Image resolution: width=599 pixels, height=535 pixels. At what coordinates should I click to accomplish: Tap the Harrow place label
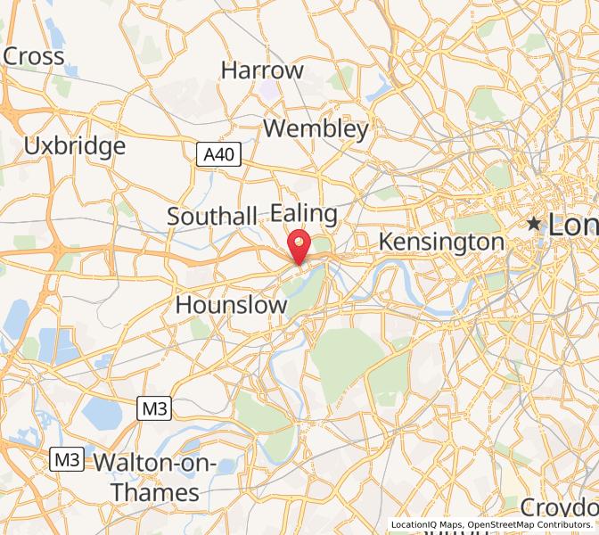pyautogui.click(x=262, y=70)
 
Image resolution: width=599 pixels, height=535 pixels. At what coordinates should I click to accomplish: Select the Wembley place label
pyautogui.click(x=316, y=129)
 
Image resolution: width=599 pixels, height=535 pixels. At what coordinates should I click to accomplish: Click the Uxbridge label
pyautogui.click(x=75, y=146)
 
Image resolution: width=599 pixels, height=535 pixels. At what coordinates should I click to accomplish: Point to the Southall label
pyautogui.click(x=212, y=217)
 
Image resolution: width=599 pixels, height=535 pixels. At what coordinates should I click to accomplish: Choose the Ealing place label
pyautogui.click(x=304, y=214)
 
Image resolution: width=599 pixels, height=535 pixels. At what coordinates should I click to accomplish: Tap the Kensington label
pyautogui.click(x=441, y=242)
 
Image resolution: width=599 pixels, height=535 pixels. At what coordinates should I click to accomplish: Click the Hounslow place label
pyautogui.click(x=232, y=305)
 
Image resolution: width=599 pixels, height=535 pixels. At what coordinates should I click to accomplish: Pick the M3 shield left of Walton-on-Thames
pyautogui.click(x=66, y=460)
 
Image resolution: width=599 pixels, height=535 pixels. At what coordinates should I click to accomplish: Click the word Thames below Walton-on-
pyautogui.click(x=155, y=492)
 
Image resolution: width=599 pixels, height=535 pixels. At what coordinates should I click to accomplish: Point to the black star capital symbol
pyautogui.click(x=534, y=223)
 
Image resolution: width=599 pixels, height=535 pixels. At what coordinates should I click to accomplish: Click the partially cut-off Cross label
pyautogui.click(x=34, y=56)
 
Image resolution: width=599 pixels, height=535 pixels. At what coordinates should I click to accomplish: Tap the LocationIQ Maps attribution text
pyautogui.click(x=427, y=525)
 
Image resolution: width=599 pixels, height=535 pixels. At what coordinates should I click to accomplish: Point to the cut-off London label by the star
pyautogui.click(x=573, y=225)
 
